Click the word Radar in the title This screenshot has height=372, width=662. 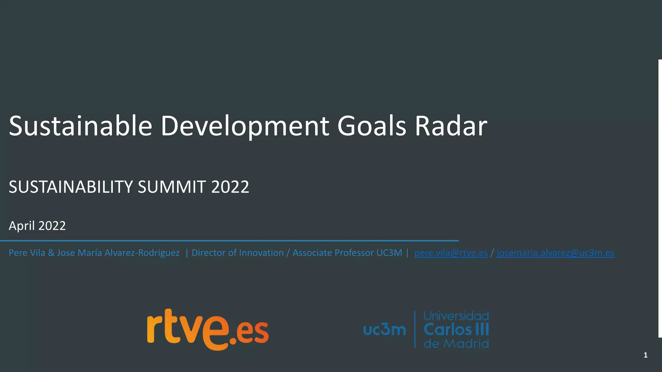pyautogui.click(x=451, y=126)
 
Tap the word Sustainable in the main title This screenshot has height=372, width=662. pyautogui.click(x=80, y=126)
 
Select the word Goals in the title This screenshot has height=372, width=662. pyautogui.click(x=371, y=126)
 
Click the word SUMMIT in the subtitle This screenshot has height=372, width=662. pyautogui.click(x=172, y=187)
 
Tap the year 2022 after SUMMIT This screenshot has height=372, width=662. pyautogui.click(x=230, y=187)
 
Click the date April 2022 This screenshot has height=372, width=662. pyautogui.click(x=37, y=226)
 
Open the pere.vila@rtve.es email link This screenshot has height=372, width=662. pyautogui.click(x=451, y=253)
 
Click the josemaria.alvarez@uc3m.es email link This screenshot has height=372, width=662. pyautogui.click(x=555, y=253)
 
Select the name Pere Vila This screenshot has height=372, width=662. pyautogui.click(x=27, y=253)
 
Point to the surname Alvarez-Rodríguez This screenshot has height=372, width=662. pyautogui.click(x=142, y=253)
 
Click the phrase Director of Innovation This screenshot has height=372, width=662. pyautogui.click(x=238, y=253)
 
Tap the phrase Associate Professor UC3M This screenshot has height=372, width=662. pyautogui.click(x=347, y=253)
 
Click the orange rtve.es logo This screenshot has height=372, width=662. pyautogui.click(x=208, y=329)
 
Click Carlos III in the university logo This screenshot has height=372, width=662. pyautogui.click(x=456, y=330)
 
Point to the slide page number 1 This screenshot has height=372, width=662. pyautogui.click(x=646, y=355)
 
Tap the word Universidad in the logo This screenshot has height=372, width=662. pyautogui.click(x=456, y=316)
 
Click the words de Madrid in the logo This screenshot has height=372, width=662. pyautogui.click(x=456, y=344)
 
